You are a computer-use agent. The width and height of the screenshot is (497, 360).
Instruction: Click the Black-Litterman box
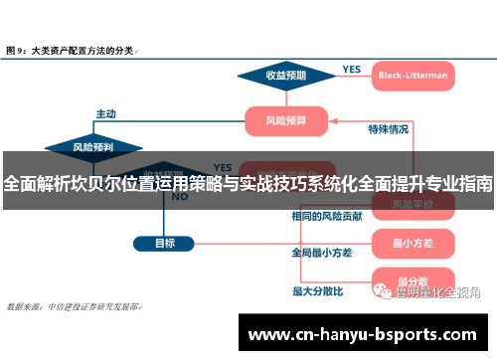(413, 75)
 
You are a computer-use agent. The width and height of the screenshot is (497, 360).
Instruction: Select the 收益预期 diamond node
(285, 75)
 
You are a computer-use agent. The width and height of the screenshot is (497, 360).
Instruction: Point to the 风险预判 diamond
(93, 147)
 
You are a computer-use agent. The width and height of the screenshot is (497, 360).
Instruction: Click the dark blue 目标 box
(165, 243)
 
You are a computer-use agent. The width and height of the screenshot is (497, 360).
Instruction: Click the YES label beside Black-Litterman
(351, 70)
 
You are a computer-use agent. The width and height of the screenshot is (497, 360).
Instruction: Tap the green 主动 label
(106, 113)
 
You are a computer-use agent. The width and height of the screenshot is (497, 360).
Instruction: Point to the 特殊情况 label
(388, 129)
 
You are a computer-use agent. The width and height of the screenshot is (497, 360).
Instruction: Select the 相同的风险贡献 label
(326, 216)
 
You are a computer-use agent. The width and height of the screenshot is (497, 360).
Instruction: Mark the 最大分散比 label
(317, 290)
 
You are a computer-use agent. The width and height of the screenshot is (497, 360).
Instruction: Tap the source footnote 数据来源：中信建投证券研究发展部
(74, 306)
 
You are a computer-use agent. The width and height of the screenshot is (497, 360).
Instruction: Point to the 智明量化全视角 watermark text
(437, 292)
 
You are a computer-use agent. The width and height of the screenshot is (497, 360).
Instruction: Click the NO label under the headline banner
(180, 197)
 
